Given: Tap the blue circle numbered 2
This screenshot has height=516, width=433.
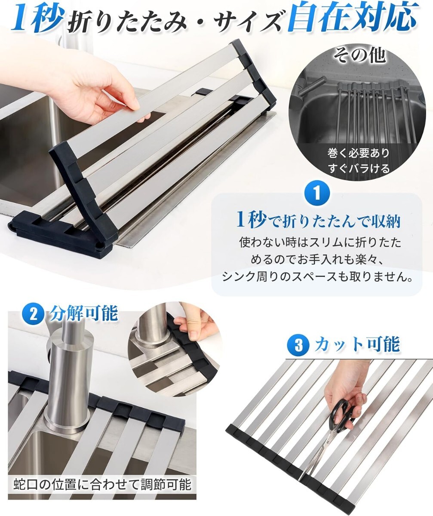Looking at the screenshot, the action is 34,316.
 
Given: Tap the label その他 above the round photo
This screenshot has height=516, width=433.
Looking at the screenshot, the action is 359,56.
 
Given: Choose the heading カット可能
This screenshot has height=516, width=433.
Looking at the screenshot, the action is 357,344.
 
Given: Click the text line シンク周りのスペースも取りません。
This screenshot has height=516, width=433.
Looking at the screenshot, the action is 318,276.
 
